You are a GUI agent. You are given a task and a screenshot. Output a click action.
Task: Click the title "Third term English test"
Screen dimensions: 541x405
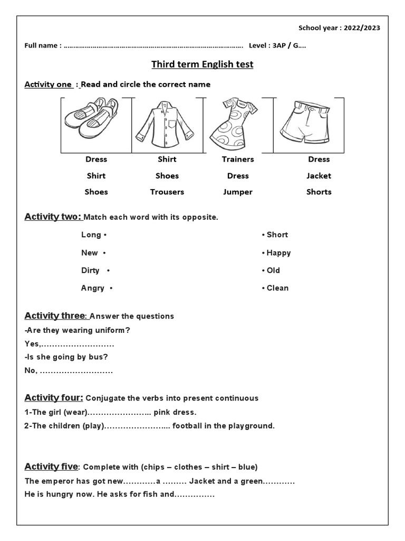pyautogui.click(x=202, y=64)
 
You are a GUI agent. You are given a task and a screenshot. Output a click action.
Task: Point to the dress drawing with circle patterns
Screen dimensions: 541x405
pyautogui.click(x=233, y=124)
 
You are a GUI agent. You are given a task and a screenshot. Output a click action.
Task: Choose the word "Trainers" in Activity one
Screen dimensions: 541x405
pyautogui.click(x=238, y=159)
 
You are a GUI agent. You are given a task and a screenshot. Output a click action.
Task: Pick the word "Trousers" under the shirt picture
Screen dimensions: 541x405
pyautogui.click(x=167, y=192)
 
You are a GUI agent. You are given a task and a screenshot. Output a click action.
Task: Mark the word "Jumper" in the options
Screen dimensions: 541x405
pyautogui.click(x=238, y=192)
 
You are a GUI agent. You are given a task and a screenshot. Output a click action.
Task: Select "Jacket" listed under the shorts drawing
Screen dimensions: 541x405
pyautogui.click(x=319, y=175)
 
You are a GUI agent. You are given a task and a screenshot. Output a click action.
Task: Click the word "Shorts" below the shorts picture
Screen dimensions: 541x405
pyautogui.click(x=319, y=192)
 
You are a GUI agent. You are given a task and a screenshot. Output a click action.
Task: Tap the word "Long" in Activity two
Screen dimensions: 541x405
pyautogui.click(x=91, y=235)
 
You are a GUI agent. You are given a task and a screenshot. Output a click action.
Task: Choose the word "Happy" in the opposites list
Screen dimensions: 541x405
pyautogui.click(x=278, y=253)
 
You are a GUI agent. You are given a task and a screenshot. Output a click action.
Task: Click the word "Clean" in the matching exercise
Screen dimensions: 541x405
pyautogui.click(x=277, y=288)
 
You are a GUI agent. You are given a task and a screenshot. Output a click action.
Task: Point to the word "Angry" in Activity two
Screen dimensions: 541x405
pyautogui.click(x=92, y=288)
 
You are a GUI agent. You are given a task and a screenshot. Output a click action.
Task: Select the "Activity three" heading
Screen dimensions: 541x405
pyautogui.click(x=55, y=315)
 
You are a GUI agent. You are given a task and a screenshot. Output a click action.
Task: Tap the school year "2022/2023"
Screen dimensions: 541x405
pyautogui.click(x=362, y=28)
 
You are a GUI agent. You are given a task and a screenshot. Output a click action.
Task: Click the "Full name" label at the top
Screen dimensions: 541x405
pyautogui.click(x=42, y=45)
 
